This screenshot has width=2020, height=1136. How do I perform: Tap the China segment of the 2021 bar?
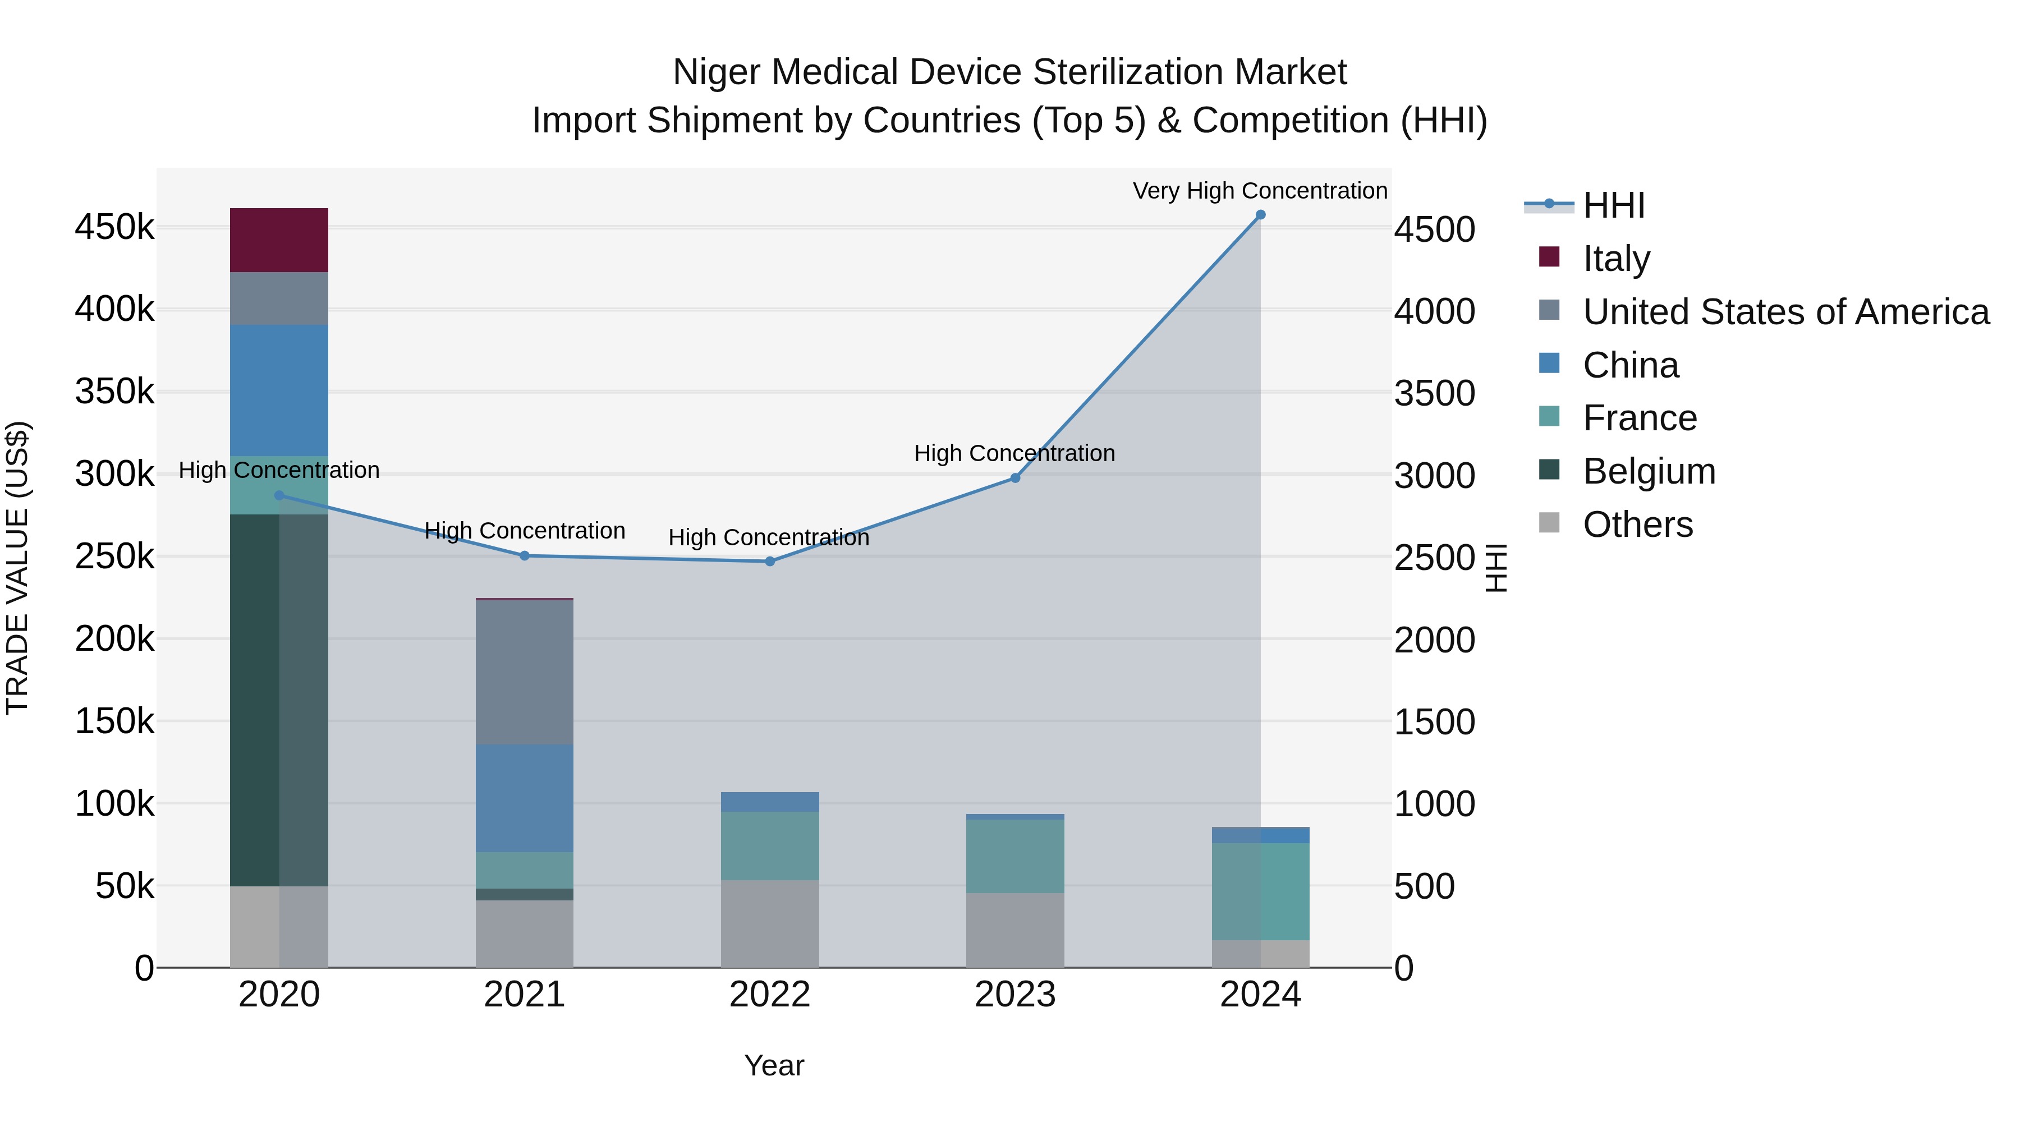524,797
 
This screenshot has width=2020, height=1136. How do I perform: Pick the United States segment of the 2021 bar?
524,672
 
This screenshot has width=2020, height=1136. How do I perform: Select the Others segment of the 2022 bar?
769,923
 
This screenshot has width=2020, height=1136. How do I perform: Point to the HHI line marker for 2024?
1260,215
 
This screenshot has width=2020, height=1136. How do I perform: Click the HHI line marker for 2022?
769,562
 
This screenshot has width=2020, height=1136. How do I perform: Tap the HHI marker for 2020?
279,495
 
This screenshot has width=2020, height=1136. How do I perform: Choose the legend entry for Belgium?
1649,471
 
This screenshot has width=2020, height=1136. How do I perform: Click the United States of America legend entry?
1785,312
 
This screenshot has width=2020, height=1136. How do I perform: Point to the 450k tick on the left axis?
114,227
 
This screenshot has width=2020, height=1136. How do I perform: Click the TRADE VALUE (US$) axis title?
17,568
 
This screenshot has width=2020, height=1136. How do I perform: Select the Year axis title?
773,1065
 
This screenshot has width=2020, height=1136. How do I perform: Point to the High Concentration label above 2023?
1014,453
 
